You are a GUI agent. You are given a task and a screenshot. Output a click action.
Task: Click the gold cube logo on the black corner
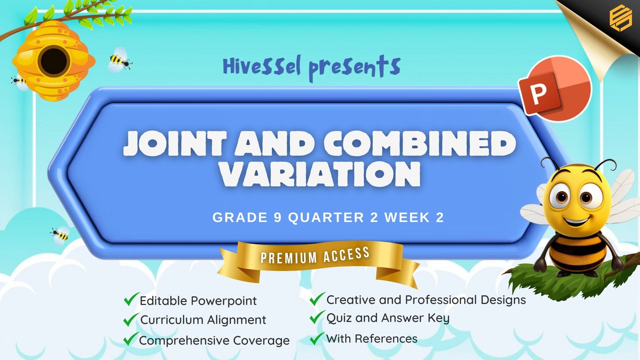620,18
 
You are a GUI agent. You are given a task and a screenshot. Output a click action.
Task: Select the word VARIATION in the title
320,174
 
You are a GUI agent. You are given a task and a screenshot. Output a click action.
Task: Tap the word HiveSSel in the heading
262,66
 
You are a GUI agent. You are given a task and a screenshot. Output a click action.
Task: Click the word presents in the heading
354,68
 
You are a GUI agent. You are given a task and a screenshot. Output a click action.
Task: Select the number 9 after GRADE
278,218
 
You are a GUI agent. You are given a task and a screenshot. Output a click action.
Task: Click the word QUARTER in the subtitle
326,218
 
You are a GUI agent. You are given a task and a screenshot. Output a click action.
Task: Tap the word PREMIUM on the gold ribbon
289,257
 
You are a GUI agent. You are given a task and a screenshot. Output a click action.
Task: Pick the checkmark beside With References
317,338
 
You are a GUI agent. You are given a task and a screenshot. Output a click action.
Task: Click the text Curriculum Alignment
203,320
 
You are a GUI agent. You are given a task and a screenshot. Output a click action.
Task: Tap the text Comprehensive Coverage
214,340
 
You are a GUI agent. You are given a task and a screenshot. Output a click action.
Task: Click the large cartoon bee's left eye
561,196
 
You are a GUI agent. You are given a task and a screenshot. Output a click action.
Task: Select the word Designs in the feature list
503,300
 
